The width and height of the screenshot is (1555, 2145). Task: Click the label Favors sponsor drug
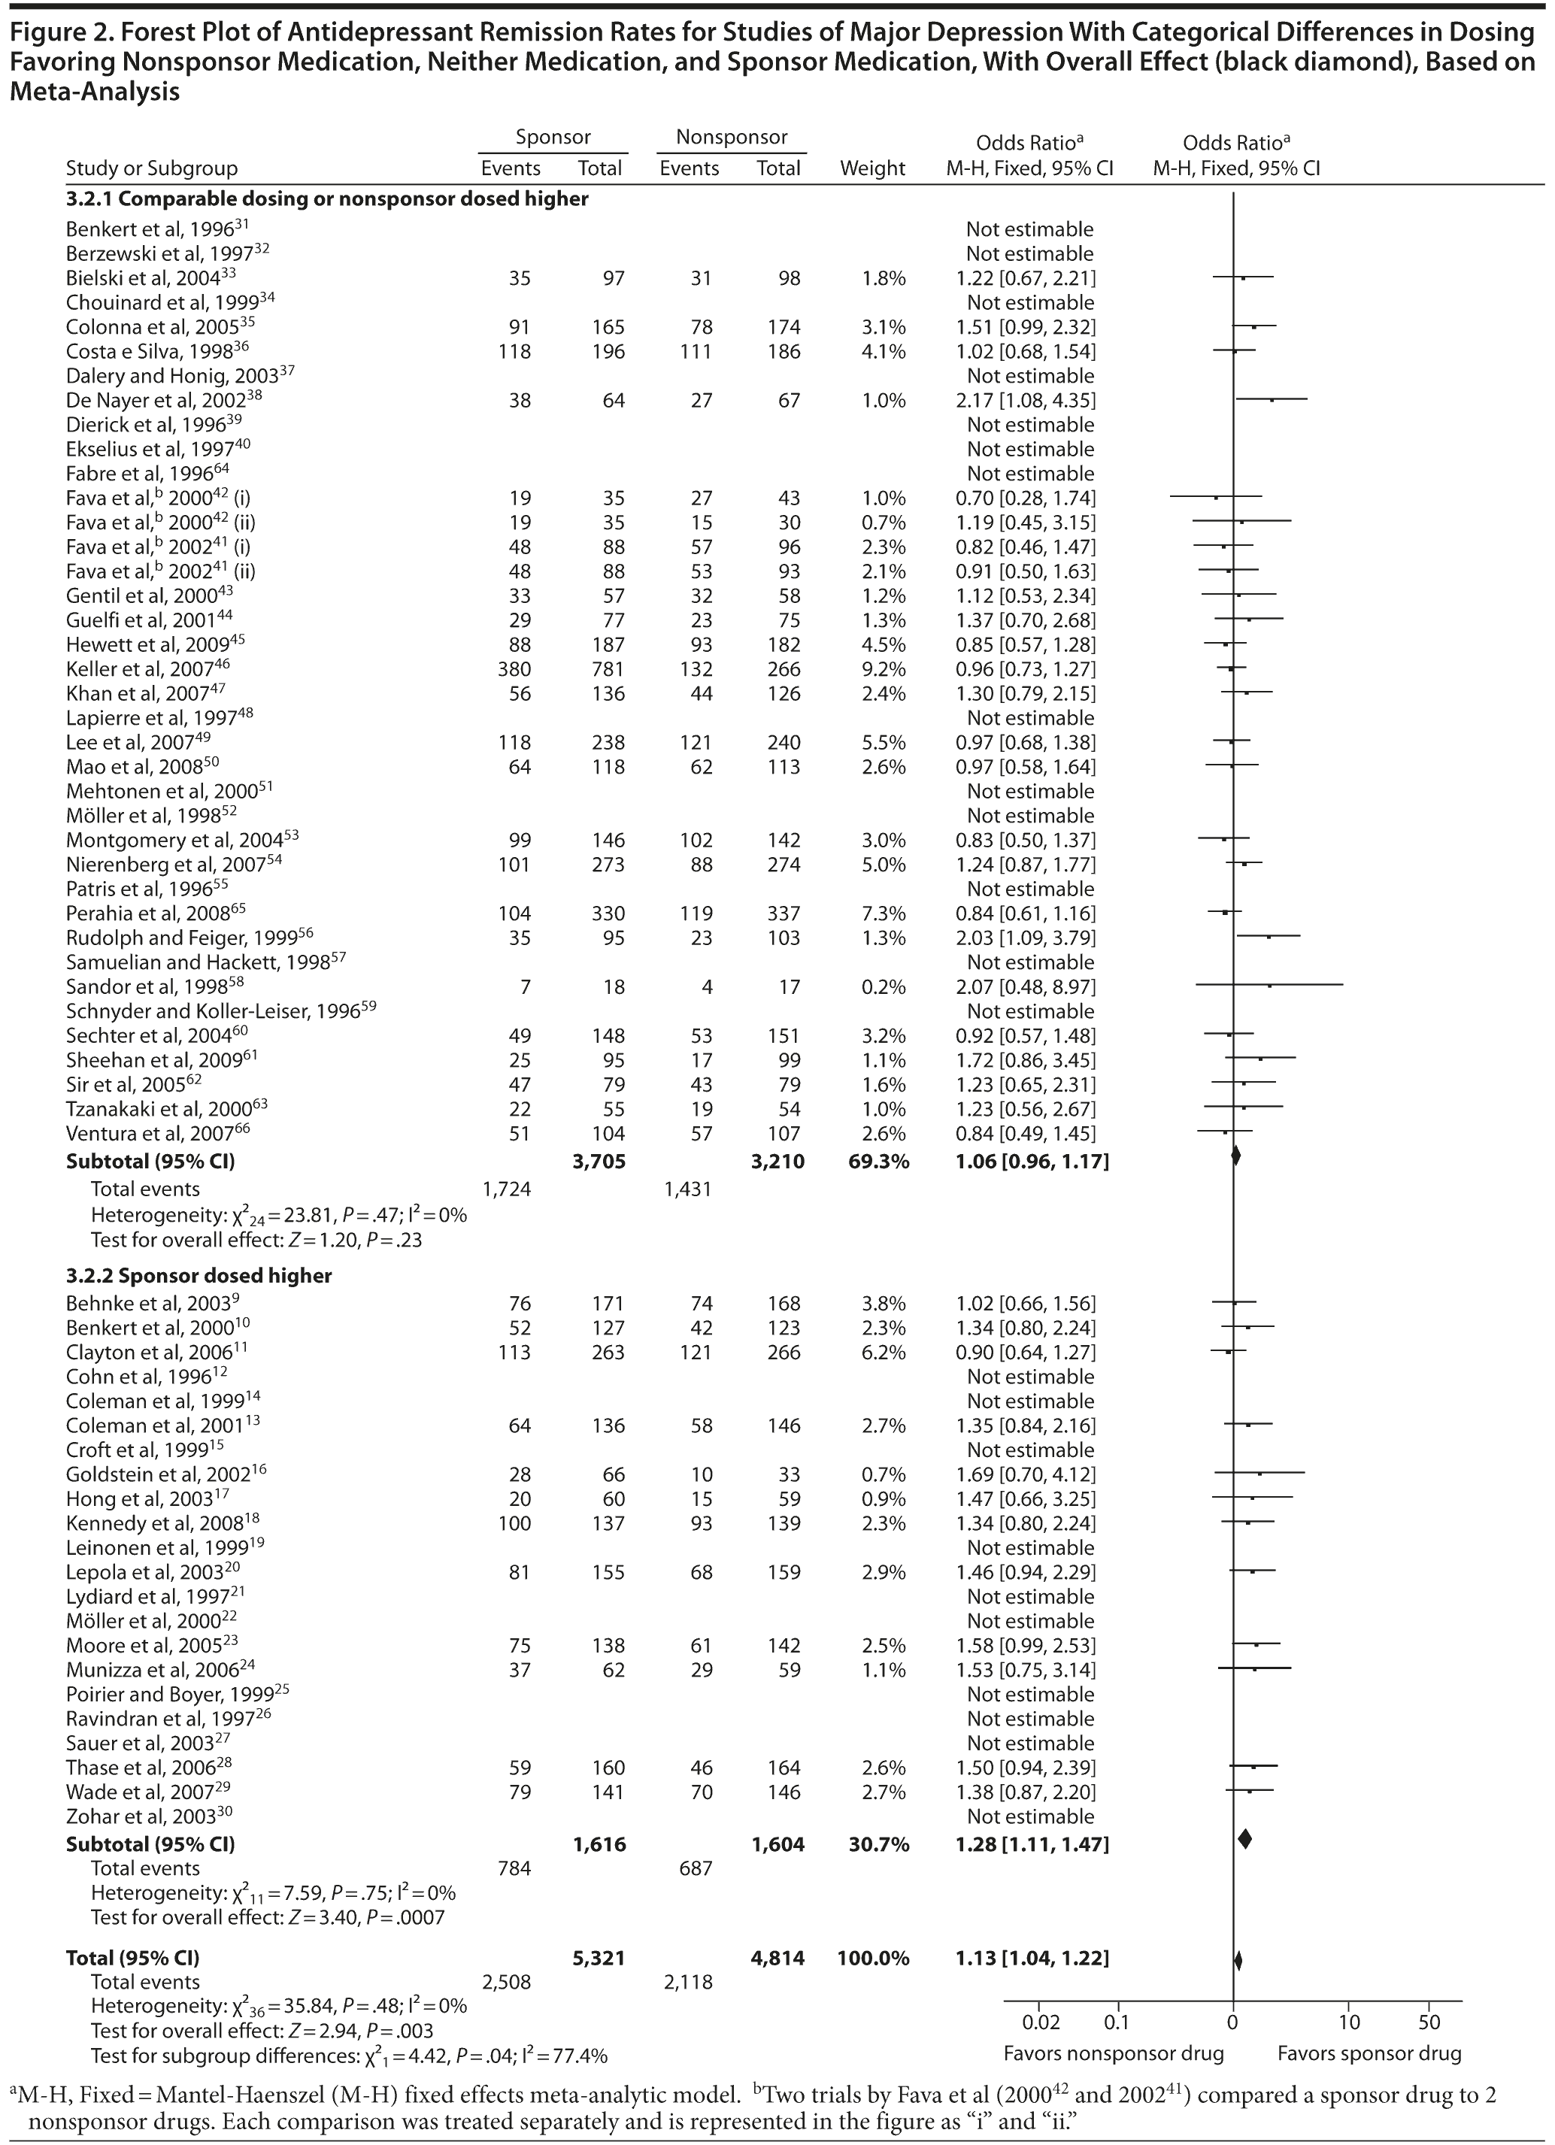(x=1369, y=2053)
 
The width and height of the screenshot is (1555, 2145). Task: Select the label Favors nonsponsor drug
(x=1114, y=2053)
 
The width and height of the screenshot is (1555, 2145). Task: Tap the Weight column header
(x=872, y=168)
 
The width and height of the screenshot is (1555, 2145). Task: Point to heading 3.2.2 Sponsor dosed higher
(x=199, y=1276)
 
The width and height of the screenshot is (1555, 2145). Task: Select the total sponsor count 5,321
(x=599, y=1958)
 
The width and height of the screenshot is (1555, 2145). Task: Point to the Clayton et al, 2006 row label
(x=147, y=1353)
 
